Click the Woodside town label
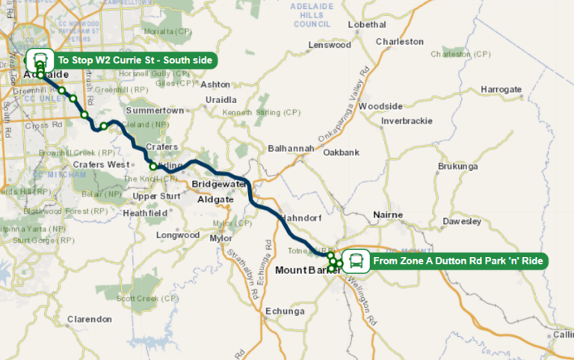[x=380, y=106]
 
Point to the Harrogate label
[x=501, y=89]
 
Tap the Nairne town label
[x=388, y=215]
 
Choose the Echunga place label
[x=285, y=311]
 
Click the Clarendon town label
[x=89, y=319]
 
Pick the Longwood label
[x=178, y=235]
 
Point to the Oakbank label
[x=342, y=152]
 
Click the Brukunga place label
[x=457, y=166]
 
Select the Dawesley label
[x=462, y=221]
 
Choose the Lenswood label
[x=330, y=45]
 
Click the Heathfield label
[x=146, y=213]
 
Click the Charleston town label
[x=398, y=42]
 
